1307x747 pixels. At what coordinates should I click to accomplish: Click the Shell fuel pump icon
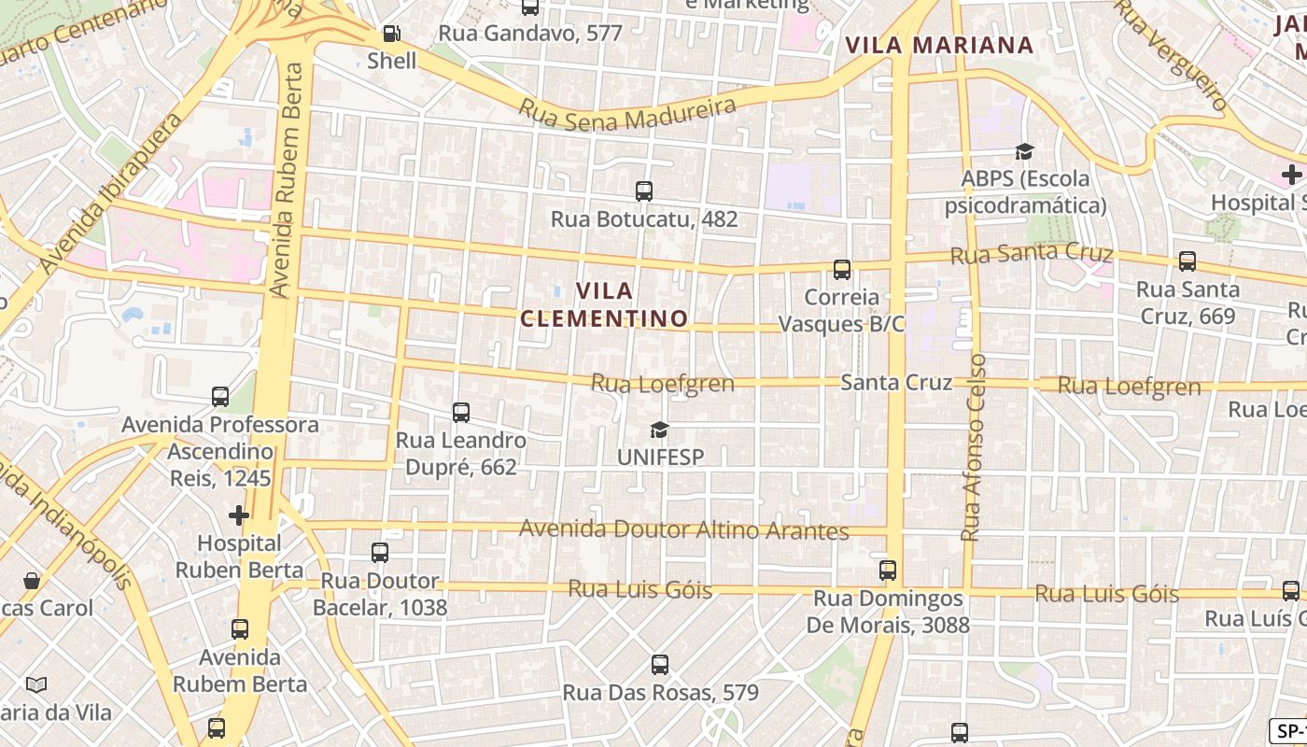coord(392,35)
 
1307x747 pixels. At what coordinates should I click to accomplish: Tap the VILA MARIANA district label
coord(939,45)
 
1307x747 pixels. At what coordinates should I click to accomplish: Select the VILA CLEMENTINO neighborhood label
coord(604,305)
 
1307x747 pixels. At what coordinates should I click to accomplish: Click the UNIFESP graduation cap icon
coord(660,430)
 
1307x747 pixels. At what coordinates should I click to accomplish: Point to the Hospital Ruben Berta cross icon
coord(239,514)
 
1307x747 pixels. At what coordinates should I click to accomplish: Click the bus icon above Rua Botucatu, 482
coord(644,191)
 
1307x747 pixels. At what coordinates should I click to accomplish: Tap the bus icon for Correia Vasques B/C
coord(842,270)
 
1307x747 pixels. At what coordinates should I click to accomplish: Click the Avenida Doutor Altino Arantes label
coord(683,529)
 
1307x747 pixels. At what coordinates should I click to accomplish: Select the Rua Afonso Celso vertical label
coord(974,447)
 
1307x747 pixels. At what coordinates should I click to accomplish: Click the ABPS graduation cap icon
coord(1025,151)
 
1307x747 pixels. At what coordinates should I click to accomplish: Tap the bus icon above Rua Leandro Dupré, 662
coord(460,412)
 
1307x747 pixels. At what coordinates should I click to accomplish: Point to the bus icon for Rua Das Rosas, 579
coord(660,665)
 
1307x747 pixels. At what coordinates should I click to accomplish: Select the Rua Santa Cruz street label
coord(1032,254)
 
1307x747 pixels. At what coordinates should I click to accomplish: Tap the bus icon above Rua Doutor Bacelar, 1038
coord(380,552)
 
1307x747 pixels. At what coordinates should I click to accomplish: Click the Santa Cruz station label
coord(896,383)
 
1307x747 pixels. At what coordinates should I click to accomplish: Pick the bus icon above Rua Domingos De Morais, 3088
coord(888,570)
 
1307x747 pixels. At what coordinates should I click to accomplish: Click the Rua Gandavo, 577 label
coord(530,34)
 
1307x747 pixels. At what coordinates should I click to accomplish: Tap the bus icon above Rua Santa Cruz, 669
coord(1188,261)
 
